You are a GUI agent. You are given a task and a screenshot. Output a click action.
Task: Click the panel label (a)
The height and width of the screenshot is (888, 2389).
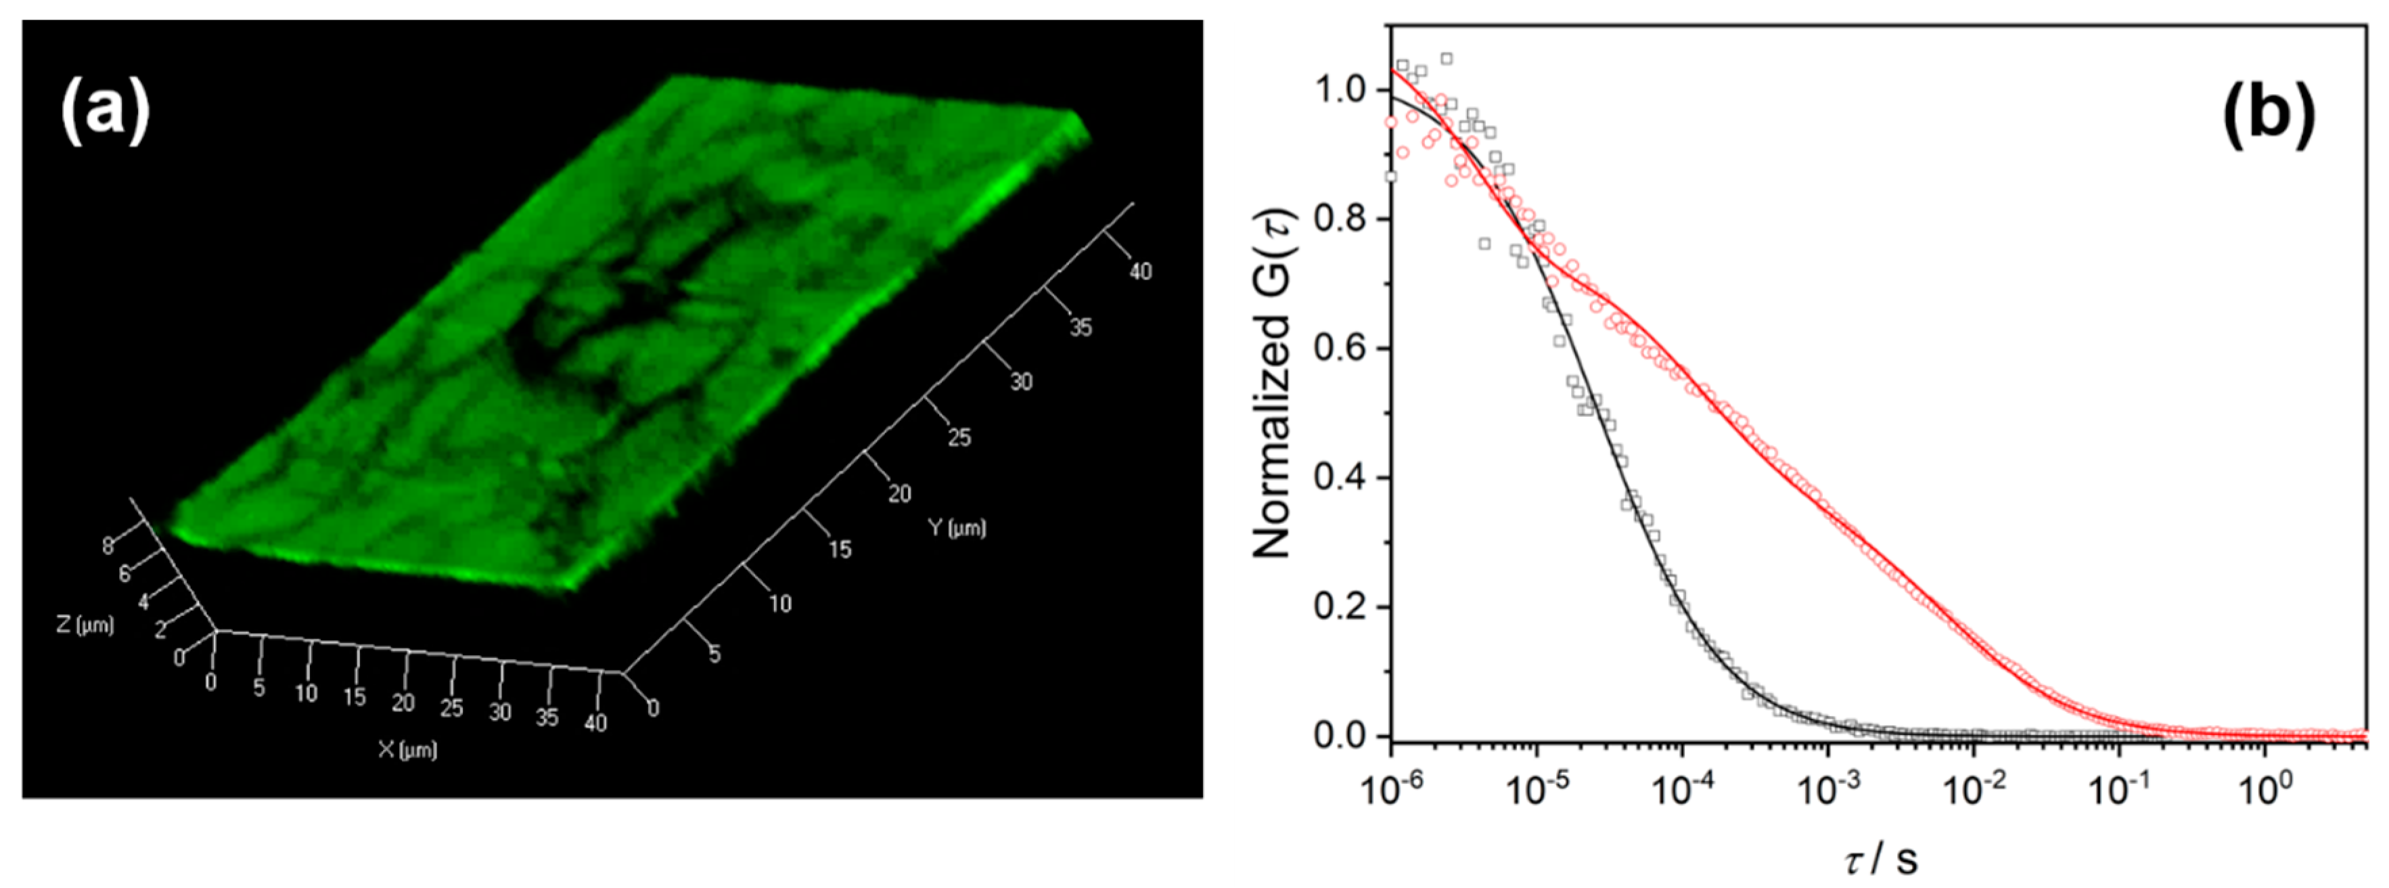click(x=105, y=110)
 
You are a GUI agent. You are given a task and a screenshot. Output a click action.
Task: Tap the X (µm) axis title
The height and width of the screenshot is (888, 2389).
click(x=407, y=749)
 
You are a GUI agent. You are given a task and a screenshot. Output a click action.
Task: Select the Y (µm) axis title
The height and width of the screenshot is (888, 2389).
click(x=956, y=528)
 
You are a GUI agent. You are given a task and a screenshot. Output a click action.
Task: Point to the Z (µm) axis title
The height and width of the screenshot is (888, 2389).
click(x=85, y=625)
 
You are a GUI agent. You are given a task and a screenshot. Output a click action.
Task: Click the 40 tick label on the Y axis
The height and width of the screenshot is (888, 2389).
click(x=1140, y=271)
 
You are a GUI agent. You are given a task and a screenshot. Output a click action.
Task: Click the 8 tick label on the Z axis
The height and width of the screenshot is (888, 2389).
click(x=108, y=546)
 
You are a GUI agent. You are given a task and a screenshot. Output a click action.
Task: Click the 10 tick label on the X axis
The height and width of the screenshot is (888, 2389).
click(x=306, y=693)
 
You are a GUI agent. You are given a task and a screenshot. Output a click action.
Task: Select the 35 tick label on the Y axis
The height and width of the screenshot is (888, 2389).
click(x=1080, y=327)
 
